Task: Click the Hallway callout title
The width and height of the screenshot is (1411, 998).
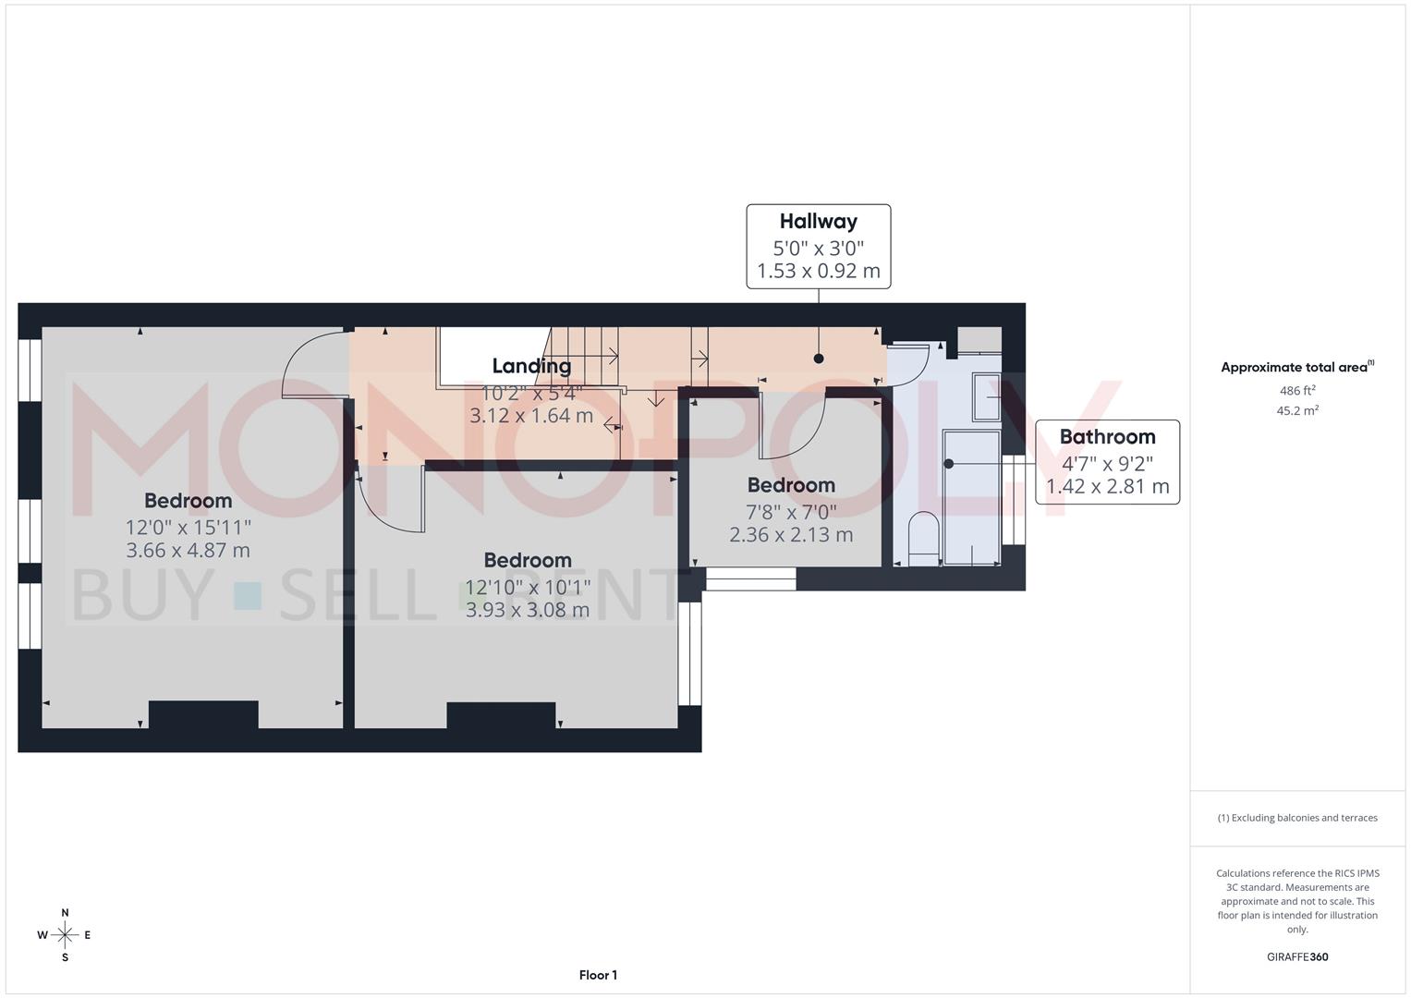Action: click(x=818, y=222)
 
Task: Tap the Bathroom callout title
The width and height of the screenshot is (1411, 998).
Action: click(x=1107, y=437)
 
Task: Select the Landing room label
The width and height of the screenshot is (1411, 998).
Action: click(x=531, y=367)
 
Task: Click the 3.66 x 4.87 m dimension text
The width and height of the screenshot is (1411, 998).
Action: click(x=189, y=551)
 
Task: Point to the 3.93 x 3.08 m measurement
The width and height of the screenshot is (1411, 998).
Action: click(x=528, y=610)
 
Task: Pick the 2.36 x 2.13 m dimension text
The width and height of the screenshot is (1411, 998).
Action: click(x=791, y=535)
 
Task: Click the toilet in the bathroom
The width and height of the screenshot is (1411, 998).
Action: click(x=923, y=538)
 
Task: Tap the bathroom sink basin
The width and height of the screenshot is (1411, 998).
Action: click(x=986, y=396)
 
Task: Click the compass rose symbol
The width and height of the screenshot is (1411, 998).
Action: click(x=65, y=935)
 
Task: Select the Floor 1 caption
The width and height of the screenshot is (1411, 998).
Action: click(x=598, y=975)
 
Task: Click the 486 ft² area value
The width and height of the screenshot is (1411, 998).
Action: click(x=1297, y=391)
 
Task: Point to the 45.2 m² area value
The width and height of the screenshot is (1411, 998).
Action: click(x=1297, y=411)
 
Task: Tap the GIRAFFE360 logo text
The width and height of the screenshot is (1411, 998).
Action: click(x=1297, y=957)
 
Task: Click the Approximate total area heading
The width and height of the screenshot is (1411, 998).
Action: click(x=1296, y=368)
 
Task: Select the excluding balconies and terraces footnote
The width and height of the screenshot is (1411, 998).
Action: click(x=1297, y=818)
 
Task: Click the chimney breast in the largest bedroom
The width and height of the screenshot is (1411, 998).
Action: click(x=203, y=714)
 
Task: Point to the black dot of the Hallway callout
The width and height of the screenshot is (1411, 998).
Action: click(x=819, y=359)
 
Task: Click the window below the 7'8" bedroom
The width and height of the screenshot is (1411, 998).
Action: click(x=750, y=579)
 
